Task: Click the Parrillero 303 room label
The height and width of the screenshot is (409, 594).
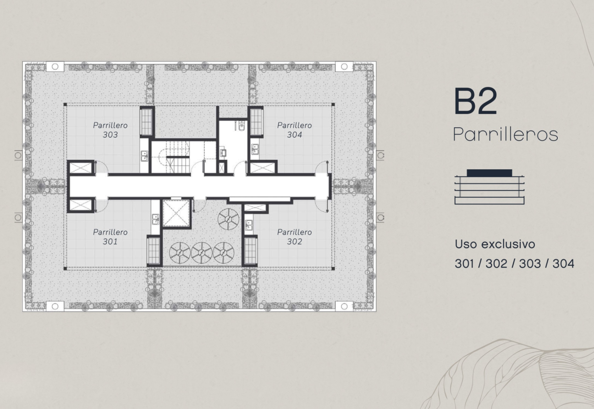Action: click(110, 130)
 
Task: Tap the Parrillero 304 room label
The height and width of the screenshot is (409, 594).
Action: click(294, 130)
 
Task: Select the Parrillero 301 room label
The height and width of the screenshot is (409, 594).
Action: click(110, 237)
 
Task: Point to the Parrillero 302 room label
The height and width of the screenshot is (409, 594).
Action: click(294, 237)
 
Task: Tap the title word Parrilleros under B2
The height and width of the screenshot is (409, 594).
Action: click(506, 134)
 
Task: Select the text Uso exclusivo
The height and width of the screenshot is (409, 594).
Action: click(495, 244)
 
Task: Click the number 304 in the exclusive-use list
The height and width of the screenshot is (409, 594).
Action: click(563, 264)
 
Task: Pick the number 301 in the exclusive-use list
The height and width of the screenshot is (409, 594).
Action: click(464, 264)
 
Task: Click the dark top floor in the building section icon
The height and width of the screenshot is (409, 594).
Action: click(489, 173)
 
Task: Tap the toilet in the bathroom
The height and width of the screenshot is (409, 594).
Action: click(241, 126)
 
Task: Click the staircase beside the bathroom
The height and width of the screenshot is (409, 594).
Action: click(178, 157)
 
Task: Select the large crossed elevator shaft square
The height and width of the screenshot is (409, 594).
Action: click(176, 214)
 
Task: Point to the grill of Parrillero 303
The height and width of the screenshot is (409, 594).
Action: click(146, 122)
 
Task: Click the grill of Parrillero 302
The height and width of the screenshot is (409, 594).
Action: click(250, 251)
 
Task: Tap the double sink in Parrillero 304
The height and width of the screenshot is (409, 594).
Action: click(255, 149)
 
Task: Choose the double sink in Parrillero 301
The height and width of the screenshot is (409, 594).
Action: click(155, 219)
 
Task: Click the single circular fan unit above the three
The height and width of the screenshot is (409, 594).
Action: click(228, 219)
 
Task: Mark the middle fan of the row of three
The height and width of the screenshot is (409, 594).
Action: click(202, 253)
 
